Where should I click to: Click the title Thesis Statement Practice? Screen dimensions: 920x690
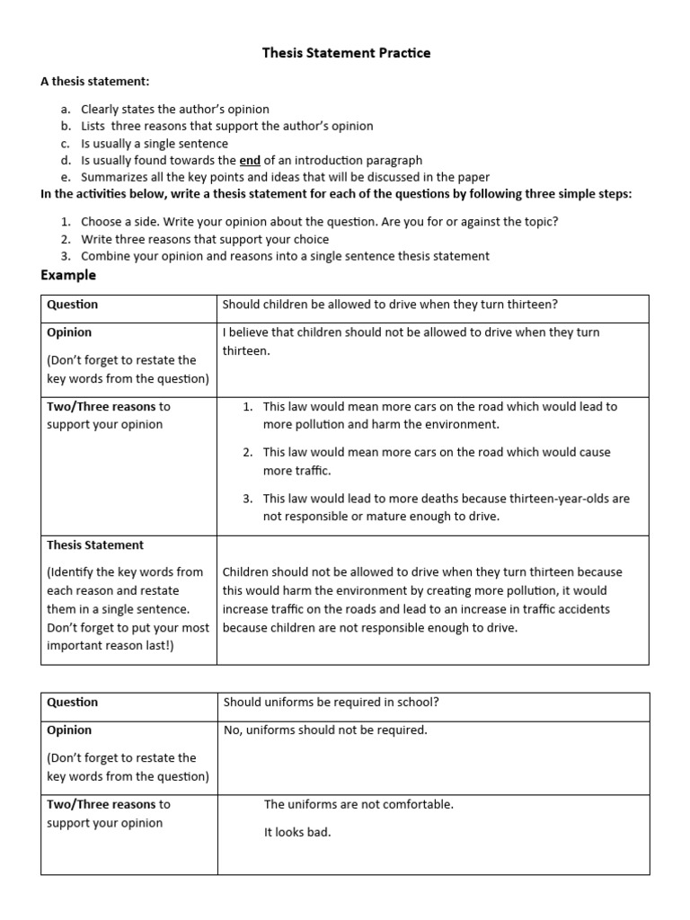click(x=346, y=53)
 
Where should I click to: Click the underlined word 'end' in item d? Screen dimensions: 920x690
click(x=250, y=161)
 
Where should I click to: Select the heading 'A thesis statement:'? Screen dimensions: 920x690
click(x=94, y=82)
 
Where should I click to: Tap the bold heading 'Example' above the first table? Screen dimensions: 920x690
click(x=68, y=275)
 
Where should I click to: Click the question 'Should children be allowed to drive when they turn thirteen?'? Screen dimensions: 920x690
click(x=390, y=305)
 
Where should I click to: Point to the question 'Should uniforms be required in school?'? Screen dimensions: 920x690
click(x=331, y=703)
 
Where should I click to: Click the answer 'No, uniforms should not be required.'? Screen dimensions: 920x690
click(x=325, y=730)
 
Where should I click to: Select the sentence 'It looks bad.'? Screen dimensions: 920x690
click(x=297, y=833)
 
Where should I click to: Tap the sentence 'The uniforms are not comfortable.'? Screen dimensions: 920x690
click(x=358, y=805)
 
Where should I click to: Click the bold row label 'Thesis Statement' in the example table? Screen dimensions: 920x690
click(x=95, y=545)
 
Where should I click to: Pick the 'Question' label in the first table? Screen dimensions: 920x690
click(x=73, y=305)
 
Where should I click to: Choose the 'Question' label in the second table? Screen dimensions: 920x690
click(x=73, y=703)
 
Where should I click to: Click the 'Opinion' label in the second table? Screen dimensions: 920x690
click(x=69, y=730)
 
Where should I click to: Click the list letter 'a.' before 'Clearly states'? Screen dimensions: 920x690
click(x=66, y=110)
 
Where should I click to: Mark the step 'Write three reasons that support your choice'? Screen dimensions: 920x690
click(x=205, y=239)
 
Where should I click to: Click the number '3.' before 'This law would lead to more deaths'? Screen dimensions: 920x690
click(x=248, y=498)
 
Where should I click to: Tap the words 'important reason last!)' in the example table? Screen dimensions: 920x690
click(x=111, y=647)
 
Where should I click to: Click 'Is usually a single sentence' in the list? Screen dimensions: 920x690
click(x=155, y=144)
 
